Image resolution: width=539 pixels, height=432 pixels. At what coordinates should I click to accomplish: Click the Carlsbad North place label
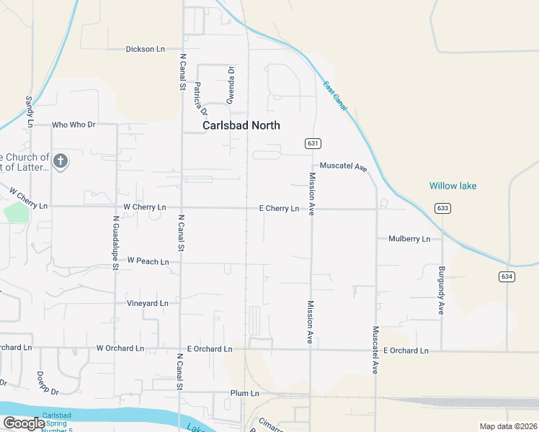(x=241, y=125)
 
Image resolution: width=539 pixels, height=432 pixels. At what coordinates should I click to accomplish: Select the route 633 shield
(x=442, y=208)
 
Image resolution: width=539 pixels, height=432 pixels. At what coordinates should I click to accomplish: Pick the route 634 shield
(x=506, y=276)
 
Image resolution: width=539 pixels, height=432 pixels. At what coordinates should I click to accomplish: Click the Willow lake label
(x=453, y=186)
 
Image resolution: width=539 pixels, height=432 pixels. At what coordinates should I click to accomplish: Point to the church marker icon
(x=61, y=161)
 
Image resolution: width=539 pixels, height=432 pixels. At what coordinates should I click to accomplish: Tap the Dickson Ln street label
(x=145, y=49)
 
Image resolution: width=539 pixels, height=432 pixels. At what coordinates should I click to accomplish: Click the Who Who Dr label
(x=73, y=125)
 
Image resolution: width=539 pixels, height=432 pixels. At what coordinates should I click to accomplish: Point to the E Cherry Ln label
(x=279, y=209)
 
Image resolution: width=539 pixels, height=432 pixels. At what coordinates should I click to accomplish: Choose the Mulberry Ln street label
(x=409, y=238)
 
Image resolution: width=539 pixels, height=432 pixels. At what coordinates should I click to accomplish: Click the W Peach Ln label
(x=148, y=261)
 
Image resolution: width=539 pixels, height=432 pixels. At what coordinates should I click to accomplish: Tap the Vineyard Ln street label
(x=147, y=303)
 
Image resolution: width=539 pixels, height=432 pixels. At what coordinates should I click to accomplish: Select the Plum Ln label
(x=244, y=393)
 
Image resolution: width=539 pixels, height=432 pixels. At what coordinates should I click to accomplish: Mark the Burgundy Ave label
(x=441, y=290)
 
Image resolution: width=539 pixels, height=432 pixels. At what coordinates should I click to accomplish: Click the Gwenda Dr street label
(x=231, y=85)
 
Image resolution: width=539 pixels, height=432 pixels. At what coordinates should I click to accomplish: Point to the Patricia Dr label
(x=200, y=100)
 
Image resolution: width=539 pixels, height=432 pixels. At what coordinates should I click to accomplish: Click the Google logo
(x=24, y=423)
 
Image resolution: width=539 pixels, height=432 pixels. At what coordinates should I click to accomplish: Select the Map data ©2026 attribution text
(x=507, y=426)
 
